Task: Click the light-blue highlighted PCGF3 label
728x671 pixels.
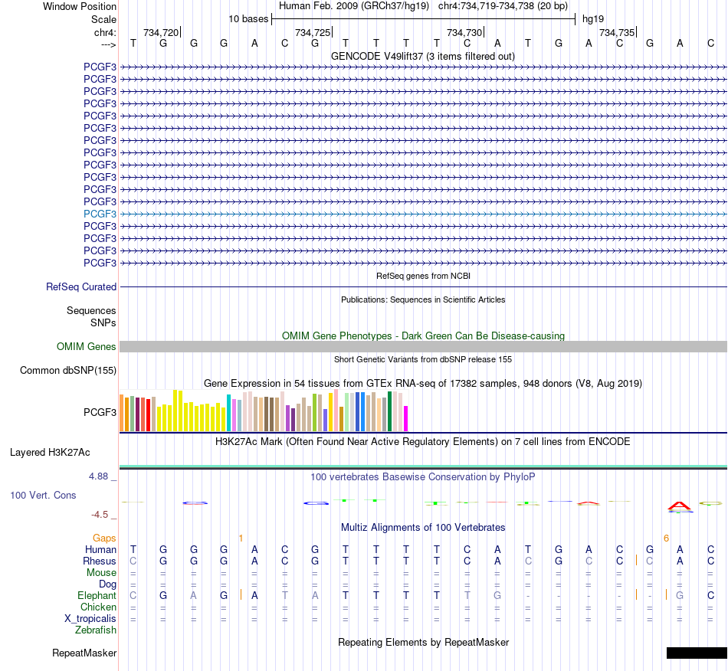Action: [100, 214]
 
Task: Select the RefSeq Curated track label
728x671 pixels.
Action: [81, 286]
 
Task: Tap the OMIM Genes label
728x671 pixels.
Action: [87, 347]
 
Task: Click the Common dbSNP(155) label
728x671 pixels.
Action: [68, 370]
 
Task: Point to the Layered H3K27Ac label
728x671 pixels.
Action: [50, 453]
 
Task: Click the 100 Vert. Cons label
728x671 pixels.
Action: [43, 495]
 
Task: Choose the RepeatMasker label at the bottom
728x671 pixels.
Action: [84, 653]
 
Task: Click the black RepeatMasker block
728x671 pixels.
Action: [697, 653]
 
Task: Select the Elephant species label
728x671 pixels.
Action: [97, 595]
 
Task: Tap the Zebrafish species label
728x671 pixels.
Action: [96, 630]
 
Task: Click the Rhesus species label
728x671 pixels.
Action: [100, 561]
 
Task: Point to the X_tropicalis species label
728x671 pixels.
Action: [90, 619]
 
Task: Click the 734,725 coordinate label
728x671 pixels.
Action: [313, 32]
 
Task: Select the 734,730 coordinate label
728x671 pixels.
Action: [464, 32]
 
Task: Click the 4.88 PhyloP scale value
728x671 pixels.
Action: [98, 476]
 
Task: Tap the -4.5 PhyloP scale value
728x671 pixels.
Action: [100, 514]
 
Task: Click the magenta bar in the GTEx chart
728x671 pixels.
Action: [406, 418]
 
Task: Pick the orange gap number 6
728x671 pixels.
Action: [666, 538]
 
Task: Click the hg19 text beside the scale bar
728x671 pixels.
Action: [593, 19]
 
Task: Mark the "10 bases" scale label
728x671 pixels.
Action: [248, 19]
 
